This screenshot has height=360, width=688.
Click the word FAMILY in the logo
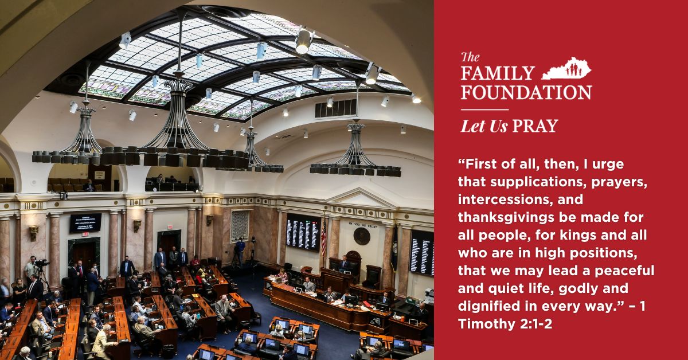[x=498, y=73]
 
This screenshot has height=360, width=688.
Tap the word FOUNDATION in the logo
[x=526, y=92]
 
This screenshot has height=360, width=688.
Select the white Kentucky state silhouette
[x=566, y=68]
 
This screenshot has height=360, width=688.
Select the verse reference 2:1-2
[x=536, y=324]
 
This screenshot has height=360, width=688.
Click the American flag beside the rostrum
[x=324, y=238]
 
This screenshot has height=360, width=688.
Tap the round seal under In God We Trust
[x=362, y=236]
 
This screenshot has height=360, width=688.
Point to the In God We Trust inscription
[x=362, y=225]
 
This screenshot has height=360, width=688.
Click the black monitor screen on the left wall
[x=85, y=222]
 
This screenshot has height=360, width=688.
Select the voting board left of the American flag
[x=303, y=232]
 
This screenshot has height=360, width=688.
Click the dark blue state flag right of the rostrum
[x=394, y=249]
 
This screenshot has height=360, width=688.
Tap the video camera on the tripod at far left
[x=41, y=263]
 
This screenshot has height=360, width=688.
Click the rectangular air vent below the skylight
[x=336, y=108]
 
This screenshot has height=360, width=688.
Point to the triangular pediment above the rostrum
[x=362, y=198]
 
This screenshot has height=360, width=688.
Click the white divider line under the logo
[x=484, y=109]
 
